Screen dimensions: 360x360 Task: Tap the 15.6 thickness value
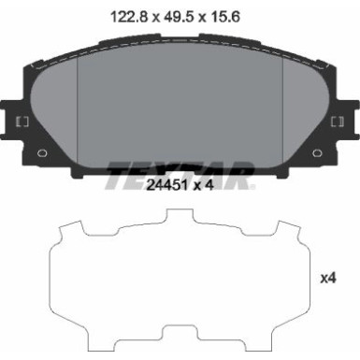point(231,15)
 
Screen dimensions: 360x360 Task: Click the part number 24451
point(164,184)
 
